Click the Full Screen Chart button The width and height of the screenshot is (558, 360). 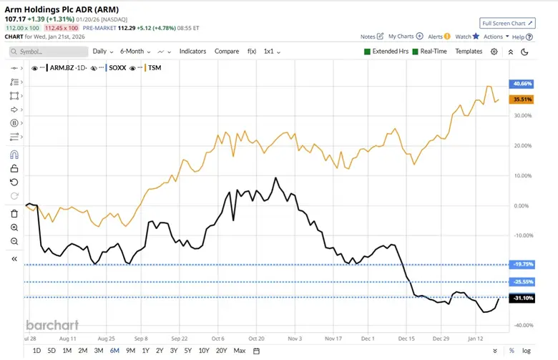tap(507, 23)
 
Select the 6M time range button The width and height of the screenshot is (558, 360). tap(114, 351)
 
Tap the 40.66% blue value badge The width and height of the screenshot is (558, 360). tap(520, 84)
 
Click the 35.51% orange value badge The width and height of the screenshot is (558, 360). tap(520, 99)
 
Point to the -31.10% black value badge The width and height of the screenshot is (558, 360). tap(520, 298)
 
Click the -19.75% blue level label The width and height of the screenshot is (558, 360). tap(520, 265)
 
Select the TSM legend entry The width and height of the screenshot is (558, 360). tap(153, 68)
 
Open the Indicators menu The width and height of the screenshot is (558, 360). tap(192, 52)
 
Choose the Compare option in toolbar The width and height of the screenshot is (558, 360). tap(227, 52)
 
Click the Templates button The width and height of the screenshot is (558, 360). tap(469, 52)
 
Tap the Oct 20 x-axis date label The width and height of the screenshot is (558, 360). tap(256, 337)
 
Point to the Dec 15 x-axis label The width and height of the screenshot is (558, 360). tap(406, 337)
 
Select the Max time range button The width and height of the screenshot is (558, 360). tap(240, 351)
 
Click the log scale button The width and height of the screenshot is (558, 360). tap(527, 351)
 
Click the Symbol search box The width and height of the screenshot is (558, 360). tap(49, 52)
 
